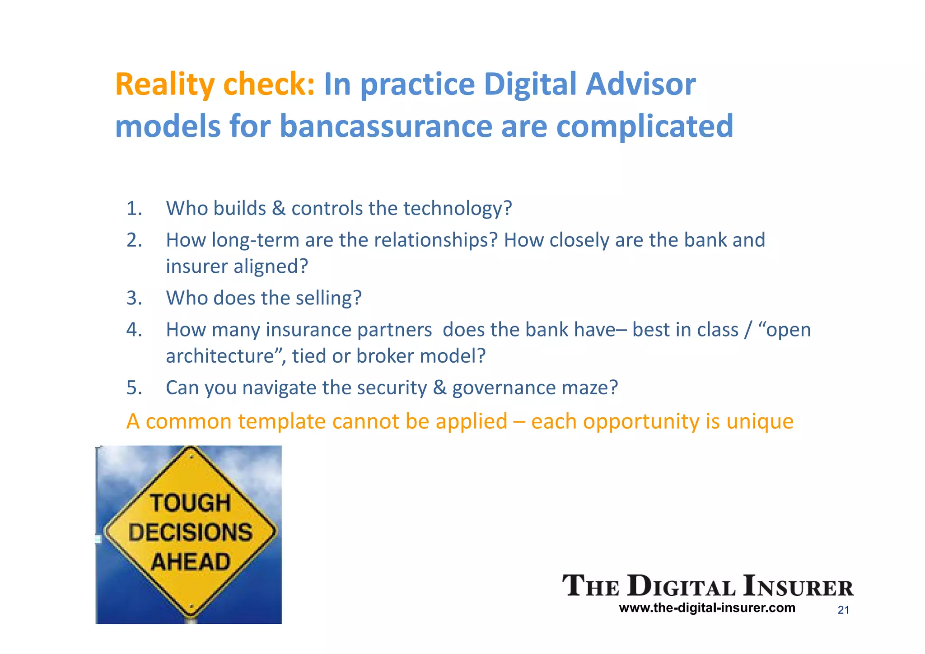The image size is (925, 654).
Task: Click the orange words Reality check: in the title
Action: pos(215,84)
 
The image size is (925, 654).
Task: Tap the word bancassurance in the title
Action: pos(386,126)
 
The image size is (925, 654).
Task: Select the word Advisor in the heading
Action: pos(640,84)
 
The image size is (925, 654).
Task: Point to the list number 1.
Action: pos(134,209)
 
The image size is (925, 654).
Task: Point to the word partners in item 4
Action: pos(394,330)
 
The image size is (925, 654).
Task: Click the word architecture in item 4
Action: pos(220,356)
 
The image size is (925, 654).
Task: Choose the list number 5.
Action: pos(134,388)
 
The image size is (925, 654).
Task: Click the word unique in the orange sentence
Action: pos(760,422)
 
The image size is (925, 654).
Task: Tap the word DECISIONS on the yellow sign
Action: pos(190,533)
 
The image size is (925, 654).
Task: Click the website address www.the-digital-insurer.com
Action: pos(707,608)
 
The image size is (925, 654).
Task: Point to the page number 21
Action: pos(843,610)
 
